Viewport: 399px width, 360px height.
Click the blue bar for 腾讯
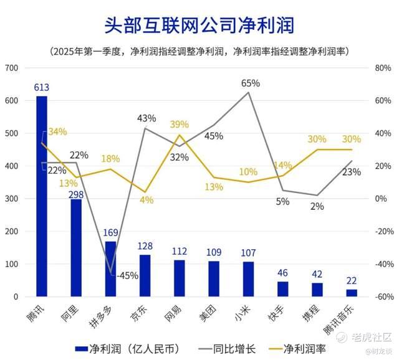click(x=42, y=196)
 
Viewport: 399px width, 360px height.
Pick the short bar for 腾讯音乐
click(x=352, y=293)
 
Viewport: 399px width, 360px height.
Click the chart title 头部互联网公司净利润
click(x=199, y=25)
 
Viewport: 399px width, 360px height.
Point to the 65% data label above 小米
click(x=251, y=83)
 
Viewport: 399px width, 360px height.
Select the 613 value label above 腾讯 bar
click(x=42, y=88)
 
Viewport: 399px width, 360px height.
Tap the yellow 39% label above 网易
click(x=180, y=125)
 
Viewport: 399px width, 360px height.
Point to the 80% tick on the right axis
click(x=383, y=68)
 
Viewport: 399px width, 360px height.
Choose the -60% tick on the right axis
click(x=382, y=297)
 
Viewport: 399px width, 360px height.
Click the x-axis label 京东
click(x=139, y=312)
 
